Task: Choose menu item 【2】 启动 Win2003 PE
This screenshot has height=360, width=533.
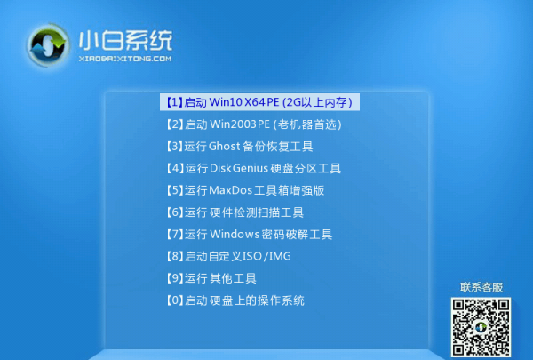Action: (253, 124)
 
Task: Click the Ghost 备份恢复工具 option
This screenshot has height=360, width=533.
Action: (239, 147)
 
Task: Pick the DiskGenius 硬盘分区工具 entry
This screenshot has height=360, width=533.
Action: (253, 168)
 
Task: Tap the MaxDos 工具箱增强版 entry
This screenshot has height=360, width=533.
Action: (244, 190)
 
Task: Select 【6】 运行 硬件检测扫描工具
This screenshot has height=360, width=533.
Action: (235, 212)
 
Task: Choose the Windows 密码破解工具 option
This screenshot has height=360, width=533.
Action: (249, 235)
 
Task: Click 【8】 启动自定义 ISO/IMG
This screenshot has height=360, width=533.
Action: (227, 256)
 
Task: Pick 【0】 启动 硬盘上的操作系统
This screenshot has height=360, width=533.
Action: (235, 300)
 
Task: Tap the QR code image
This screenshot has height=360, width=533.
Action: (481, 325)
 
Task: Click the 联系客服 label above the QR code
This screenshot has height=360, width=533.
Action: (481, 287)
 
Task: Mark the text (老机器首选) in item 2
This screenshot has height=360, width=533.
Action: (307, 124)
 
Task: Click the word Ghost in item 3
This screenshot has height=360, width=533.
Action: (226, 147)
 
